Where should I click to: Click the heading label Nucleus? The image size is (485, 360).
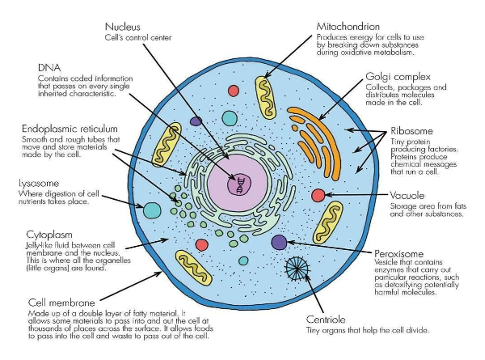[x=123, y=27]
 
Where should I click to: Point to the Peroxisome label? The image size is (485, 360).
[x=402, y=252]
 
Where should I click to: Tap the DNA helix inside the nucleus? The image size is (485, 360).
[x=240, y=184]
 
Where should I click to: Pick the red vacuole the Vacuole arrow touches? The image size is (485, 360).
[x=318, y=194]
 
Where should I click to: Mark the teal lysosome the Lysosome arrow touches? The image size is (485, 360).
[x=152, y=210]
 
